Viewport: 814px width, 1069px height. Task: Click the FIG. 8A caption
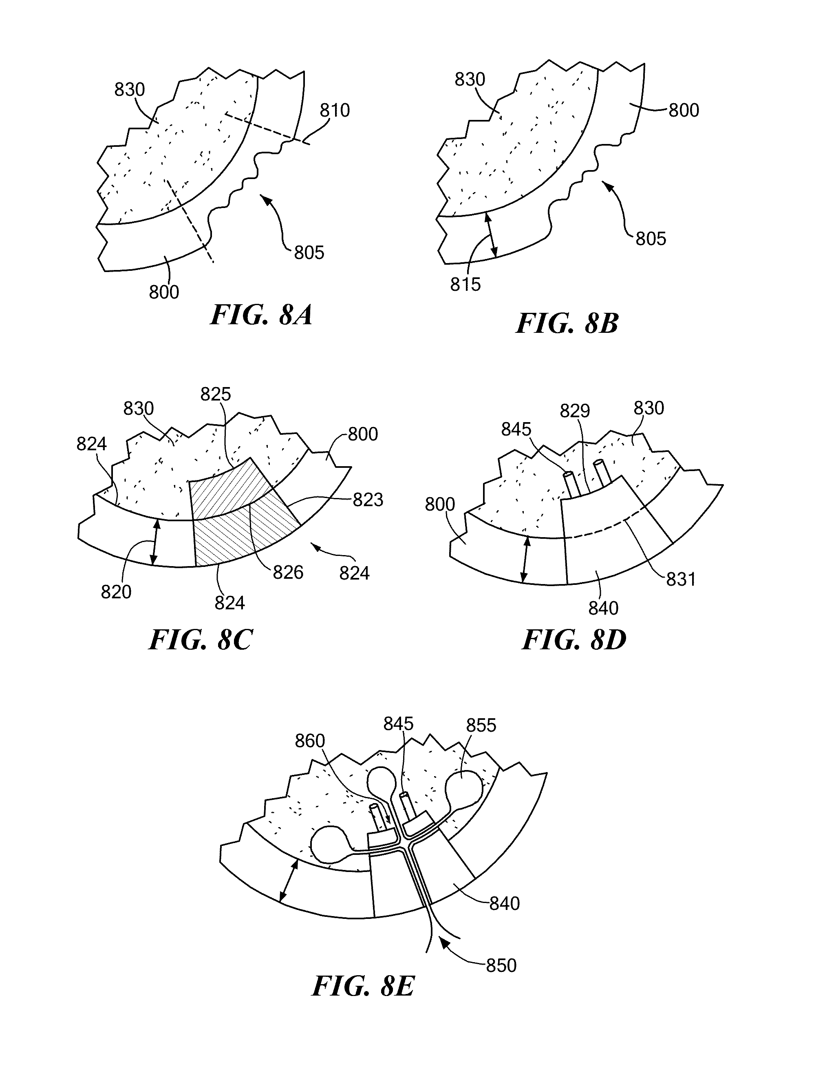(261, 316)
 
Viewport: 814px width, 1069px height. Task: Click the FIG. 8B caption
(567, 323)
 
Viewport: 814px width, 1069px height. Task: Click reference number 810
(335, 111)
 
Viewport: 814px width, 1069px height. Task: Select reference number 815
(465, 285)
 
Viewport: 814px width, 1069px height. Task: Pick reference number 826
(288, 573)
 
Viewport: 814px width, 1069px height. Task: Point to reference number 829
(575, 411)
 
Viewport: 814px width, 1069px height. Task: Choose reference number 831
(681, 579)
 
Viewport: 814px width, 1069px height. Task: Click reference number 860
(310, 741)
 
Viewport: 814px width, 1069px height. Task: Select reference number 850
(501, 965)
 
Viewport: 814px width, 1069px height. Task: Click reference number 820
(116, 591)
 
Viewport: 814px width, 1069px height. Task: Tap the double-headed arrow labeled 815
(490, 236)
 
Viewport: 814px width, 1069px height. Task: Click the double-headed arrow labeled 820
(154, 542)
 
